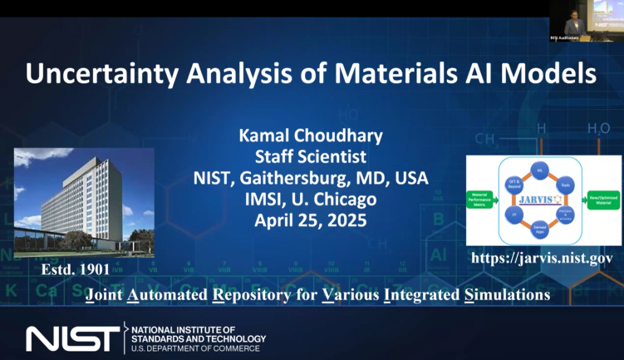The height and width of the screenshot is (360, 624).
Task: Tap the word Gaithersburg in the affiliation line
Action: click(312, 178)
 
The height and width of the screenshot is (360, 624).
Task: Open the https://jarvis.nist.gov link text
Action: click(542, 258)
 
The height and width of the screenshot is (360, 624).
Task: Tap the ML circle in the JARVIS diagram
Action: click(541, 169)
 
